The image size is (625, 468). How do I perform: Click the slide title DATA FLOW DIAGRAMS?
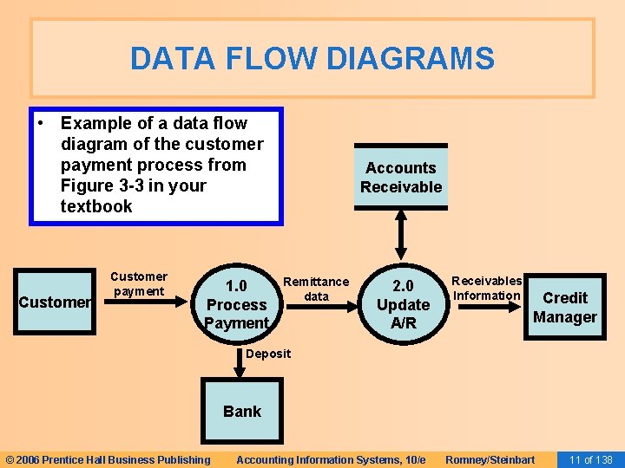(312, 59)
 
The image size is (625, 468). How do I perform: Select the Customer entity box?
(54, 302)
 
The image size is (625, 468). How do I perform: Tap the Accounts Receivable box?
(401, 178)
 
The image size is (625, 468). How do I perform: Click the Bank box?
(241, 411)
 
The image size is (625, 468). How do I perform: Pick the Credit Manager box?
(564, 308)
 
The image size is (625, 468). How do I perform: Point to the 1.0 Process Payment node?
(236, 304)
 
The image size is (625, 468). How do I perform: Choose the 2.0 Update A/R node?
(403, 304)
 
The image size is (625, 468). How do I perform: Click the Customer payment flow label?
(139, 284)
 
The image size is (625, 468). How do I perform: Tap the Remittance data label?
(316, 289)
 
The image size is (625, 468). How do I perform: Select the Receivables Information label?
(486, 288)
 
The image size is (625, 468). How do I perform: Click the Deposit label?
(269, 354)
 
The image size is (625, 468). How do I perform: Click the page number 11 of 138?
(590, 459)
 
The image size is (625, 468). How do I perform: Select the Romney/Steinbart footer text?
(490, 459)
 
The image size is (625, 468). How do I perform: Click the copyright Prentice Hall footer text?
(108, 459)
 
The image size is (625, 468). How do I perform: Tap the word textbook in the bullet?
(96, 206)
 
